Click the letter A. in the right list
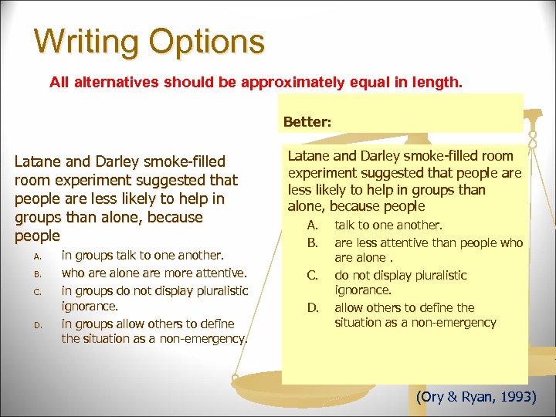click(313, 225)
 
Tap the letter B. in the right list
click(313, 243)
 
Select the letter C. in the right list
click(313, 275)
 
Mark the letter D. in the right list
click(313, 307)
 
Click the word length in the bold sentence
click(439, 81)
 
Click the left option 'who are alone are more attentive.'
click(154, 273)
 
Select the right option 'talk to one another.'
click(388, 225)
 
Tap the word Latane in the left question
click(39, 162)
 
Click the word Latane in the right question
click(310, 157)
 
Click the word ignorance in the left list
click(90, 306)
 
